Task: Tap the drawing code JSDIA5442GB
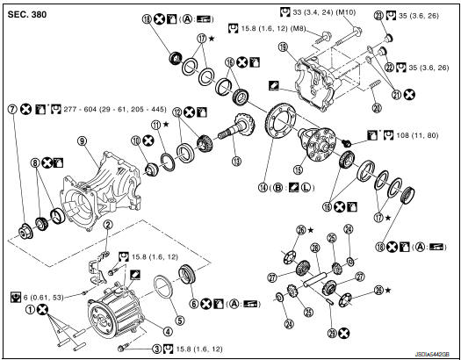(x=430, y=351)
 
